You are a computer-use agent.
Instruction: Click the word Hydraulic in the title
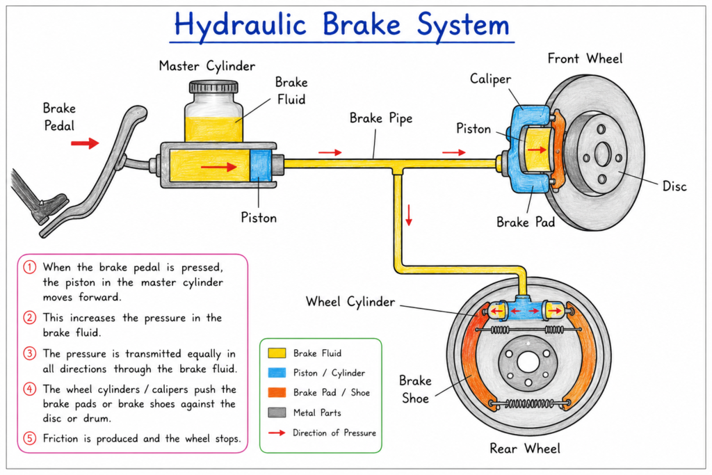click(240, 25)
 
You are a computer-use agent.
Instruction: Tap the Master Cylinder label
click(207, 66)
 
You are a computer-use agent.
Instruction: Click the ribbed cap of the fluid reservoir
click(213, 87)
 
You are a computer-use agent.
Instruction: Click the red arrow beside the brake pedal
click(85, 143)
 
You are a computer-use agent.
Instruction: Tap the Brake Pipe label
click(381, 118)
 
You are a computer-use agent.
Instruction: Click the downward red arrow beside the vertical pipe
click(409, 216)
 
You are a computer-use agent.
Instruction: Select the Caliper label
click(490, 79)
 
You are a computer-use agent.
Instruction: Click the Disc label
click(674, 186)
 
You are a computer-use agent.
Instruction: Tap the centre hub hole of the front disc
click(602, 155)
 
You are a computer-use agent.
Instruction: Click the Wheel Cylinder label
click(350, 302)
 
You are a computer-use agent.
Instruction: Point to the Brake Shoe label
click(415, 389)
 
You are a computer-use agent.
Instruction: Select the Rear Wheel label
click(524, 449)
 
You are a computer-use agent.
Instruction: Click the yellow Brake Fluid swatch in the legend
click(277, 353)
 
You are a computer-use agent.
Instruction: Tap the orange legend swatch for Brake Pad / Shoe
click(277, 392)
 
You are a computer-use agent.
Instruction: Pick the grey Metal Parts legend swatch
click(277, 412)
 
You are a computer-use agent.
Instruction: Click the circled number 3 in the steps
click(29, 353)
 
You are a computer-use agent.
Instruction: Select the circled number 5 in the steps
click(29, 438)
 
